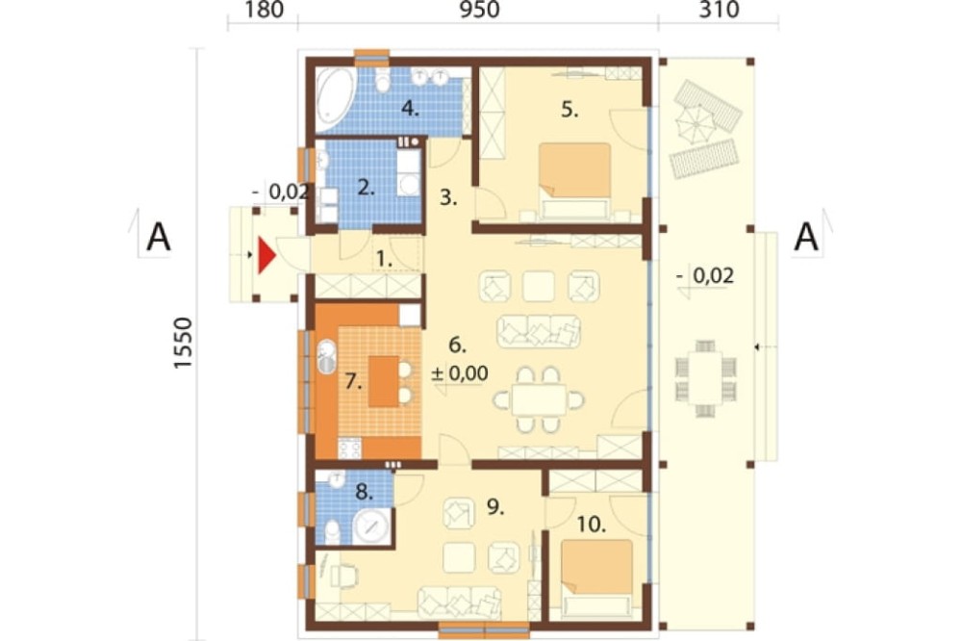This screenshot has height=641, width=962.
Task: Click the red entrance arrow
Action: pos(266,255)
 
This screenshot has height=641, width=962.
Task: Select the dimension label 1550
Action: pos(183,343)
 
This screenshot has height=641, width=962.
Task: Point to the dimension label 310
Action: pos(719,10)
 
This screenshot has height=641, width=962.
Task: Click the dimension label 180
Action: pos(264,10)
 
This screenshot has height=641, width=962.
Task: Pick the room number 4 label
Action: pos(410,110)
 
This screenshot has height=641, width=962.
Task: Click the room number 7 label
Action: pos(353,382)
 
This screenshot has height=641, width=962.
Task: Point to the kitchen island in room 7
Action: pos(384,381)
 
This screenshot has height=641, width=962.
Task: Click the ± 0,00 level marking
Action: pos(460,372)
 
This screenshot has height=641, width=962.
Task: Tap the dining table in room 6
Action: pos(539,400)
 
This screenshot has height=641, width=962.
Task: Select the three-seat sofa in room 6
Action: pos(539,331)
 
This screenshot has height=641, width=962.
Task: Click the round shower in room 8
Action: pos(371,526)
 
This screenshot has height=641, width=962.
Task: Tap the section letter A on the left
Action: pos(159,237)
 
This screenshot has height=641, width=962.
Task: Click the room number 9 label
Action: pos(495,506)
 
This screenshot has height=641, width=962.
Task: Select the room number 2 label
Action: pos(366,188)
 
